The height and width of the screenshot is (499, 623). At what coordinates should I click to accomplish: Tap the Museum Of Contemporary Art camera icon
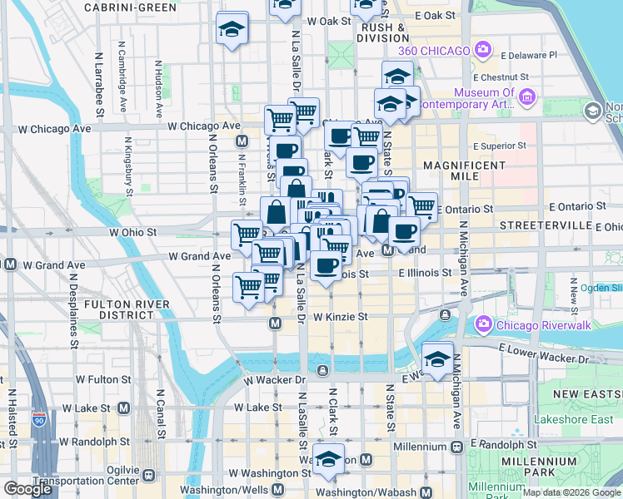[526, 98]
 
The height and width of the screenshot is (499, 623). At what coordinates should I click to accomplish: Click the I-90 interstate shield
[39, 418]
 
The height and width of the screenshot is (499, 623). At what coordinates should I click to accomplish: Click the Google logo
[28, 489]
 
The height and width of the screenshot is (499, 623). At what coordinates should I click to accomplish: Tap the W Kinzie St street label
[340, 317]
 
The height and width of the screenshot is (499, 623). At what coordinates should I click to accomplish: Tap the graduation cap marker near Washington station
[329, 460]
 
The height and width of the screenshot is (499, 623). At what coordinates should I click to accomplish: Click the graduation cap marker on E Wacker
[437, 358]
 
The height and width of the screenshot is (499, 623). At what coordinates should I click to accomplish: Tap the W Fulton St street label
[105, 379]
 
